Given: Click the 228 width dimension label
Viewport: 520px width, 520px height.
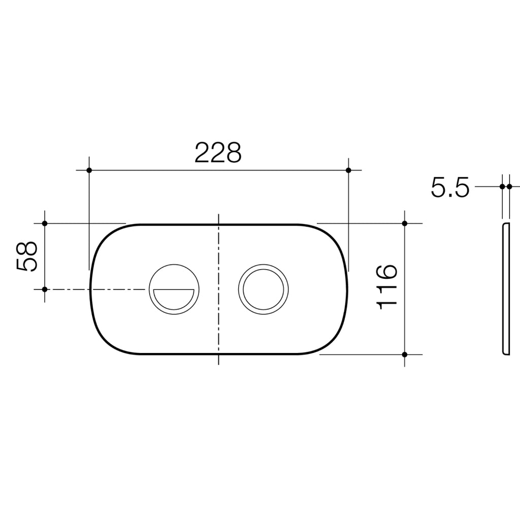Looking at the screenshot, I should (x=218, y=153).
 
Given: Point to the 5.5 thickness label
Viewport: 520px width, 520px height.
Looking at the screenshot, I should (x=450, y=188).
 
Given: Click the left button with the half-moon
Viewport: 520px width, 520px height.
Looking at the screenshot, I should (x=174, y=289).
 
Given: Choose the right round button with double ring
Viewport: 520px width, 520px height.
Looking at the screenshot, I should (x=263, y=289).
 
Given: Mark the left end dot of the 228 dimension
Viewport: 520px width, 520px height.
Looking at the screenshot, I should (x=89, y=170).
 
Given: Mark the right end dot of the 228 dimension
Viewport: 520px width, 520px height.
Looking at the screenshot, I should (x=348, y=170).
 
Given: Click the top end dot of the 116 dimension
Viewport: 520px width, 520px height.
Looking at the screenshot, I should (x=405, y=223).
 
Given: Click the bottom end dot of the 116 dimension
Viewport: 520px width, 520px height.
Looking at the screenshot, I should (x=405, y=354).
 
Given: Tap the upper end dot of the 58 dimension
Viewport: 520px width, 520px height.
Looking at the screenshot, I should (x=45, y=223).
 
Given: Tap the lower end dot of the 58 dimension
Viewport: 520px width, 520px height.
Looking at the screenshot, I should (x=45, y=289).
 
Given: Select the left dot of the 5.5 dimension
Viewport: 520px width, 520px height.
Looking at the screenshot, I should (x=502, y=186).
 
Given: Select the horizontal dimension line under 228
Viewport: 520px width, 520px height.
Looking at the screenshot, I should (x=218, y=170).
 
